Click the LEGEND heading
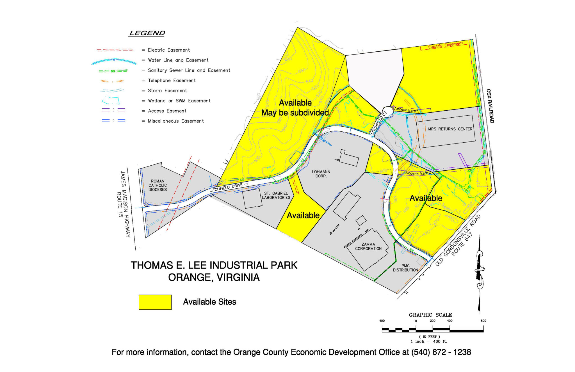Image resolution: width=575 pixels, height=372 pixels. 147,33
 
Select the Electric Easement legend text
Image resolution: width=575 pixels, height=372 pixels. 169,50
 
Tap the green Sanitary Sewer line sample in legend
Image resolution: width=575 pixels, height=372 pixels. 113,71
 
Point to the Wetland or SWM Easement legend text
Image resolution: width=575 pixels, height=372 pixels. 179,101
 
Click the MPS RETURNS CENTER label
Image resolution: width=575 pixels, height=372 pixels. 450,129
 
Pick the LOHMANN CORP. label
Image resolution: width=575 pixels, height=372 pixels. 321,174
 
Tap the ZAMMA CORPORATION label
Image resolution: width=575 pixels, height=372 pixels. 368,247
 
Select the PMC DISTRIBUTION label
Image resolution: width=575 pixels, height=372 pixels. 405,268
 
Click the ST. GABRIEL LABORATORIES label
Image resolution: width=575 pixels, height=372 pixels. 276,195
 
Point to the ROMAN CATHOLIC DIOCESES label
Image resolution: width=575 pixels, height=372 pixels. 158,185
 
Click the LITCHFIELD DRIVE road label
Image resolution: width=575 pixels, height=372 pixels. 226,188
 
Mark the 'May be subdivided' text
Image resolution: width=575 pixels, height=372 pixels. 295,113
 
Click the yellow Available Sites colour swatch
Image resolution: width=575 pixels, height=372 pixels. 155,302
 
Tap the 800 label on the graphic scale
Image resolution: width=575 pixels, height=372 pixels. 483,321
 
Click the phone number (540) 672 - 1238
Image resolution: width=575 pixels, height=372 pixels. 441,352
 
